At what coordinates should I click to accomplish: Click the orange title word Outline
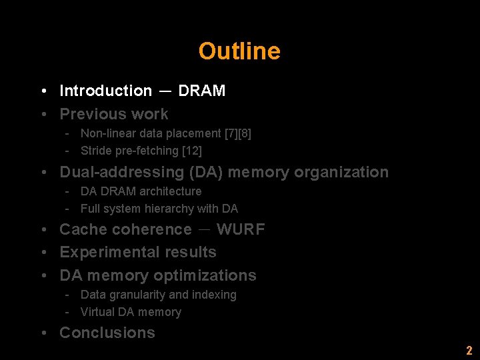pyautogui.click(x=239, y=51)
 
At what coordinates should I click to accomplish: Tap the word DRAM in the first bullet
pyautogui.click(x=202, y=91)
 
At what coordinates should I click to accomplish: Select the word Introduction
pyautogui.click(x=106, y=91)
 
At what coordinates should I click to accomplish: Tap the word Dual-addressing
pyautogui.click(x=123, y=172)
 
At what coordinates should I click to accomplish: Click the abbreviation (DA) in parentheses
pyautogui.click(x=207, y=172)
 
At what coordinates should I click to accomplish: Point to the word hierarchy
pyautogui.click(x=169, y=209)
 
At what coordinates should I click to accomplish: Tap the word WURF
pyautogui.click(x=241, y=229)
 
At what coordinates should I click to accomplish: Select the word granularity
pyautogui.click(x=138, y=295)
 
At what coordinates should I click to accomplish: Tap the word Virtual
pyautogui.click(x=97, y=312)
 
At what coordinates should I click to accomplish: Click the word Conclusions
pyautogui.click(x=107, y=333)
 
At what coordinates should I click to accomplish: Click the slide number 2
pyautogui.click(x=469, y=351)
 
